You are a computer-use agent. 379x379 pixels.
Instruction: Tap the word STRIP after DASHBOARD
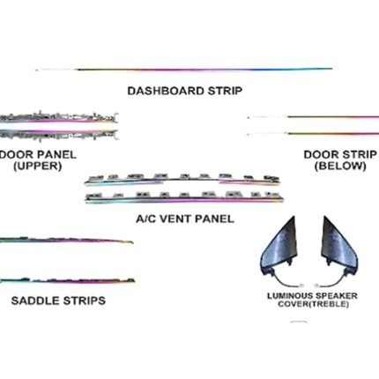(x=225, y=91)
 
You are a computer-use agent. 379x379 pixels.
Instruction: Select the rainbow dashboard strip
(x=184, y=70)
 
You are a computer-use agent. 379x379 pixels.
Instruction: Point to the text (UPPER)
(x=38, y=166)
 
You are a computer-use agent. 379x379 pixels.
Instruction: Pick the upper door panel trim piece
(x=59, y=117)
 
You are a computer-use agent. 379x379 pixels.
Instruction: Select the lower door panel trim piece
(x=59, y=135)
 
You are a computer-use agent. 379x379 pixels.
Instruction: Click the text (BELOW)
(x=340, y=166)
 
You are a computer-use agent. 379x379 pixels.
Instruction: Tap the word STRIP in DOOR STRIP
(x=359, y=154)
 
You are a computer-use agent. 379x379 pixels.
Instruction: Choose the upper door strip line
(x=313, y=117)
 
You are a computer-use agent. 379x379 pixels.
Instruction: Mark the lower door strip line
(x=313, y=134)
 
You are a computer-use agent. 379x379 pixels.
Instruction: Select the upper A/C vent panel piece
(x=182, y=180)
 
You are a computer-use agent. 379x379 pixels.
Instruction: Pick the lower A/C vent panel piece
(x=184, y=197)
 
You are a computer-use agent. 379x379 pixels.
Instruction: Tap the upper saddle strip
(x=66, y=241)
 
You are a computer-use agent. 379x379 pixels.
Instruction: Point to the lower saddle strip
(x=67, y=280)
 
